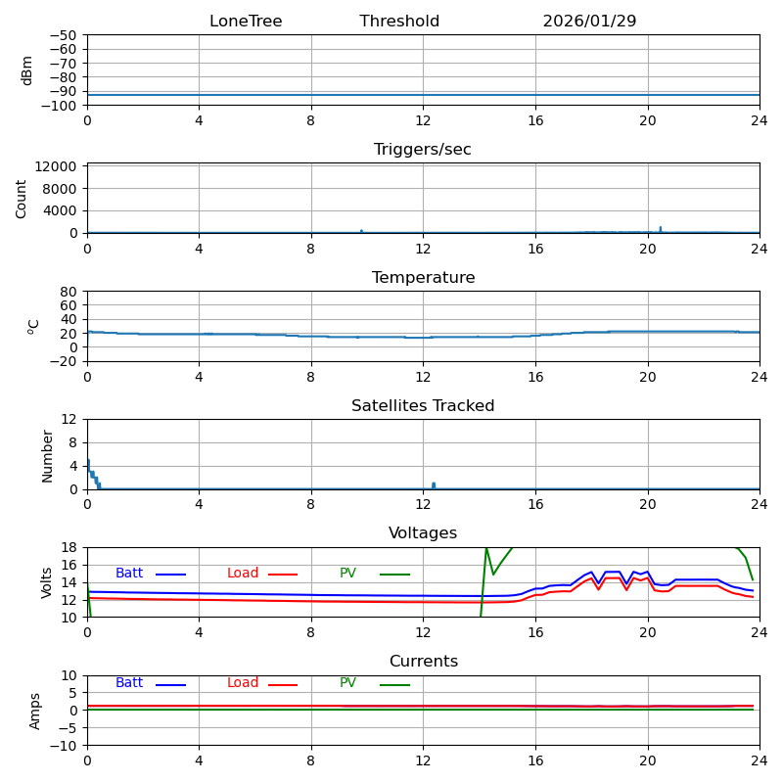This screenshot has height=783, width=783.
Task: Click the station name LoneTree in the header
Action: (x=246, y=22)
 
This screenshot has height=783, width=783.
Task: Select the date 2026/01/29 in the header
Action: (x=589, y=22)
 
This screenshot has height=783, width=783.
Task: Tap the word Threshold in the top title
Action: (x=399, y=22)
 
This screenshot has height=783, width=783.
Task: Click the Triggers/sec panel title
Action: (x=423, y=150)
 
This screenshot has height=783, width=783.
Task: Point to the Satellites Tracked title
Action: (x=423, y=406)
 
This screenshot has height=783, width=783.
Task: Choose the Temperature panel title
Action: (x=423, y=278)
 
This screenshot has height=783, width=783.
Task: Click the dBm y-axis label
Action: (x=27, y=70)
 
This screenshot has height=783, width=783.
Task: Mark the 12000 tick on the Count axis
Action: (x=58, y=166)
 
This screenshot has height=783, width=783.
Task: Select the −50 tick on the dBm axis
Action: (x=64, y=35)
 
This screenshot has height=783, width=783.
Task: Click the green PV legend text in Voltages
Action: (x=348, y=574)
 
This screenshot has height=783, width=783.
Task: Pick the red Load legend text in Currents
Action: (x=243, y=683)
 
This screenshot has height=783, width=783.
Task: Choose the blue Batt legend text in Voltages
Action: (x=129, y=574)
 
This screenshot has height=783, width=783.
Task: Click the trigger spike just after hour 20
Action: (x=660, y=228)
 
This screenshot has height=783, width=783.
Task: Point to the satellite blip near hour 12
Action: (x=434, y=484)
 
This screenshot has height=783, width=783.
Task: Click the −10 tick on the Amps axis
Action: (x=64, y=746)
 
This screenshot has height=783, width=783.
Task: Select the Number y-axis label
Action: (x=48, y=455)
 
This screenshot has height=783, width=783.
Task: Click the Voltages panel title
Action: (x=423, y=533)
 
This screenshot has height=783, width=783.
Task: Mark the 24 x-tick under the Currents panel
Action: (x=760, y=760)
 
